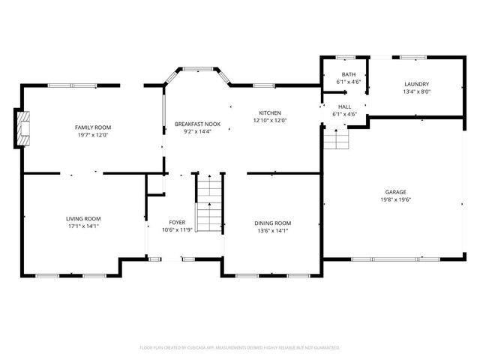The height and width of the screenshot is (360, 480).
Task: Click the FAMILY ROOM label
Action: coord(92,127)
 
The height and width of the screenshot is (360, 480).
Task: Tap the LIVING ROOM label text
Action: coord(82,218)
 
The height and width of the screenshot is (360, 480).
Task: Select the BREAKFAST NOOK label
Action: coord(197,123)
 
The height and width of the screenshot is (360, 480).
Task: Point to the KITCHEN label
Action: coord(270,112)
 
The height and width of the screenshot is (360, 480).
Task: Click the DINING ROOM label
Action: coord(272,223)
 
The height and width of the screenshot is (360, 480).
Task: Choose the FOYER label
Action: coord(177,222)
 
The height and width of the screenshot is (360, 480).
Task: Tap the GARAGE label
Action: coord(396,192)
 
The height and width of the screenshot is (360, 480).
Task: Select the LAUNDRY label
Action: coord(416,84)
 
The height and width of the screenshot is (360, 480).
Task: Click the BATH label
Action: coord(349,74)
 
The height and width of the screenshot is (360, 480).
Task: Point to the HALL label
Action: coord(344,106)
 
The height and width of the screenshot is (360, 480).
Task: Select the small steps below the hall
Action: coord(337,139)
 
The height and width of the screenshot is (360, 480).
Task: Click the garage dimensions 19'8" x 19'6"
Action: coord(396,200)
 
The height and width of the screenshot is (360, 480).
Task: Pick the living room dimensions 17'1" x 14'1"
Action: coord(82,226)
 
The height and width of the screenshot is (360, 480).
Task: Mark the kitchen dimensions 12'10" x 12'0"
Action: coord(270,121)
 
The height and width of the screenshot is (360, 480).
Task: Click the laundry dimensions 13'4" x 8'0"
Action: coord(416,92)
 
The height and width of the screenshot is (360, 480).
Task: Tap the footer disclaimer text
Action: coord(240,348)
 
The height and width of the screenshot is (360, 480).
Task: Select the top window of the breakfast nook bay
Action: coord(198,70)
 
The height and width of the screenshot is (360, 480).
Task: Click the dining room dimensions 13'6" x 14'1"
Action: coord(272,231)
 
